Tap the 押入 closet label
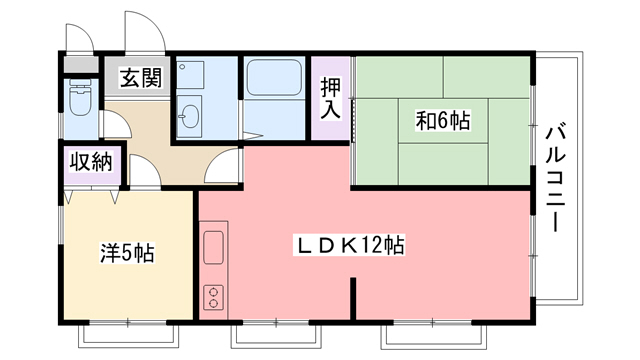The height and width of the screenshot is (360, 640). [330, 98]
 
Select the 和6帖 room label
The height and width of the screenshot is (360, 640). [443, 121]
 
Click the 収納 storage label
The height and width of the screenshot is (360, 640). [89, 162]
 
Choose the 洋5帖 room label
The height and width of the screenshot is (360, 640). [126, 253]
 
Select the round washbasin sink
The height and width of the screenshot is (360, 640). [190, 119]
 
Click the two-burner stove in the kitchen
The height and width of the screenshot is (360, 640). [214, 297]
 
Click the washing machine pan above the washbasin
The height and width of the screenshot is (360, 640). [189, 76]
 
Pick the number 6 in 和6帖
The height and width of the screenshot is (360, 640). [443, 121]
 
